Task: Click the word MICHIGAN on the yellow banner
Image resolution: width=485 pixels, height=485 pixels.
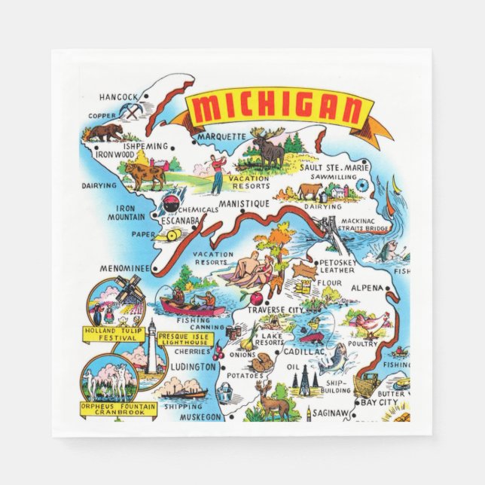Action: pyautogui.click(x=277, y=111)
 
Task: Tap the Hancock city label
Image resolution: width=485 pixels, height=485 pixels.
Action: pyautogui.click(x=118, y=97)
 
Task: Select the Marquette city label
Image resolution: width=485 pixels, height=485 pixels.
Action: pyautogui.click(x=221, y=136)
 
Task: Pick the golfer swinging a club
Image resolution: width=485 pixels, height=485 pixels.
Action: pyautogui.click(x=217, y=169)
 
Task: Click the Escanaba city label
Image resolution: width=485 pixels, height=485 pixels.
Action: pyautogui.click(x=178, y=220)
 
